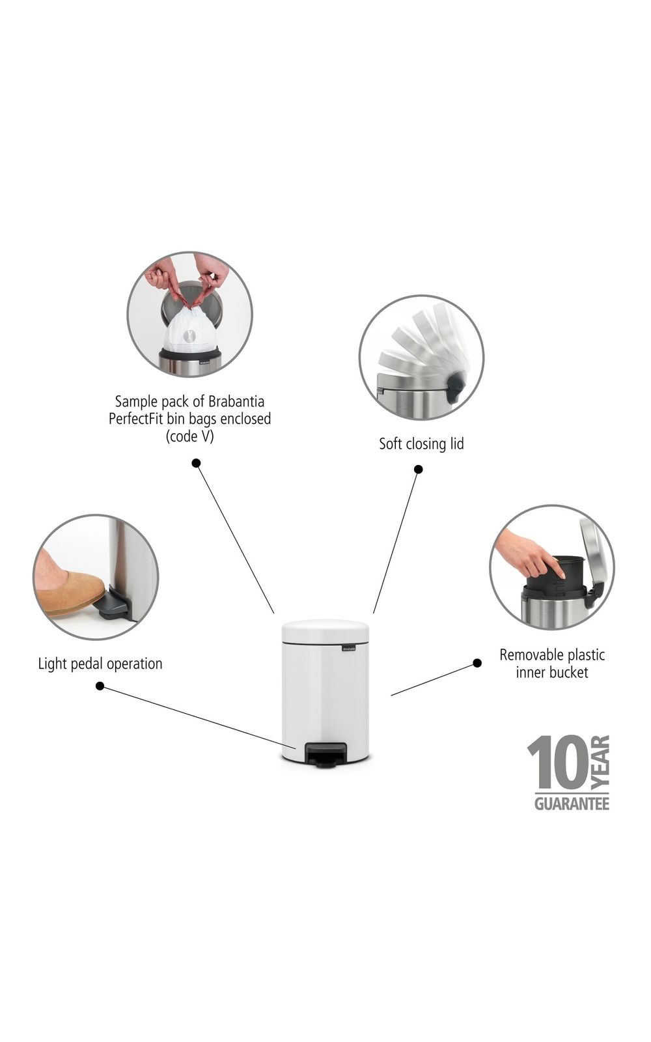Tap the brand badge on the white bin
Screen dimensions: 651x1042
(x=351, y=647)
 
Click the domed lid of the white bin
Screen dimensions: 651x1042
(x=325, y=631)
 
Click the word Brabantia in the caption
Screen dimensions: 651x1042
(x=236, y=401)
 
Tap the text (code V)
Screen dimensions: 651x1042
(x=189, y=436)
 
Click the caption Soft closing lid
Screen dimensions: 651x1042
(x=421, y=444)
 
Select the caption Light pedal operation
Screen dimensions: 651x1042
(x=100, y=664)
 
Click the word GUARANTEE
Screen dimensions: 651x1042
(x=572, y=804)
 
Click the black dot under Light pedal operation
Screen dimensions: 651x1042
(x=100, y=686)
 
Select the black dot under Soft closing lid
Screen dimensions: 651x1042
(x=419, y=470)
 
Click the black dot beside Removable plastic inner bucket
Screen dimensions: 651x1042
(x=477, y=663)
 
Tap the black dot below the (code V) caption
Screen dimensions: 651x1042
(x=196, y=463)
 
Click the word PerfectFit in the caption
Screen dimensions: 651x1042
(x=136, y=419)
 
